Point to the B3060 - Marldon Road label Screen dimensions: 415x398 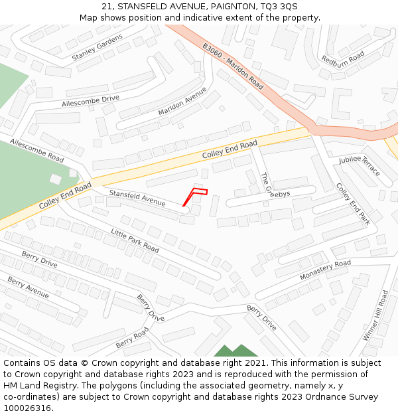click(x=233, y=66)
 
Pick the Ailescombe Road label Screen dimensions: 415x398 click(x=37, y=151)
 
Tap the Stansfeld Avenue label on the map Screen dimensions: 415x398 click(x=137, y=197)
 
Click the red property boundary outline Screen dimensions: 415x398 click(x=196, y=195)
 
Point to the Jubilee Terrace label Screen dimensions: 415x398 click(x=360, y=165)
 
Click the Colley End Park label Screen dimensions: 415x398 click(x=352, y=204)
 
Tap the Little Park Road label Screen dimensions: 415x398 click(x=135, y=240)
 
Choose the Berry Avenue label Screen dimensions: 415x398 click(x=28, y=288)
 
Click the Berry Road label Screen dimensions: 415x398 click(x=133, y=337)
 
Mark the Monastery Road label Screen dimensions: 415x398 click(x=325, y=269)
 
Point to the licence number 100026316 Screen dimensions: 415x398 click(x=28, y=408)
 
